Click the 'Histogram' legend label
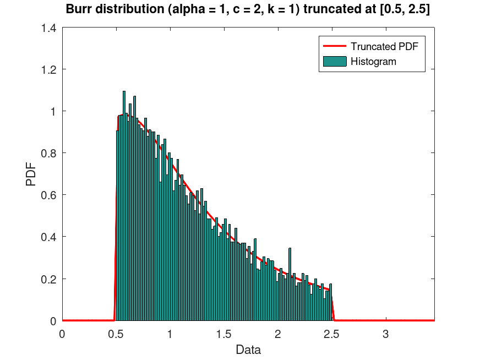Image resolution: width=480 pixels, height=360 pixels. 373,61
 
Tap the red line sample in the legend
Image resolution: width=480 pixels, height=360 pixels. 334,46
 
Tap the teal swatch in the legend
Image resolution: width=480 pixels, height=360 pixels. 334,61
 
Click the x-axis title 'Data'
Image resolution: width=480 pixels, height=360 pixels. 248,350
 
